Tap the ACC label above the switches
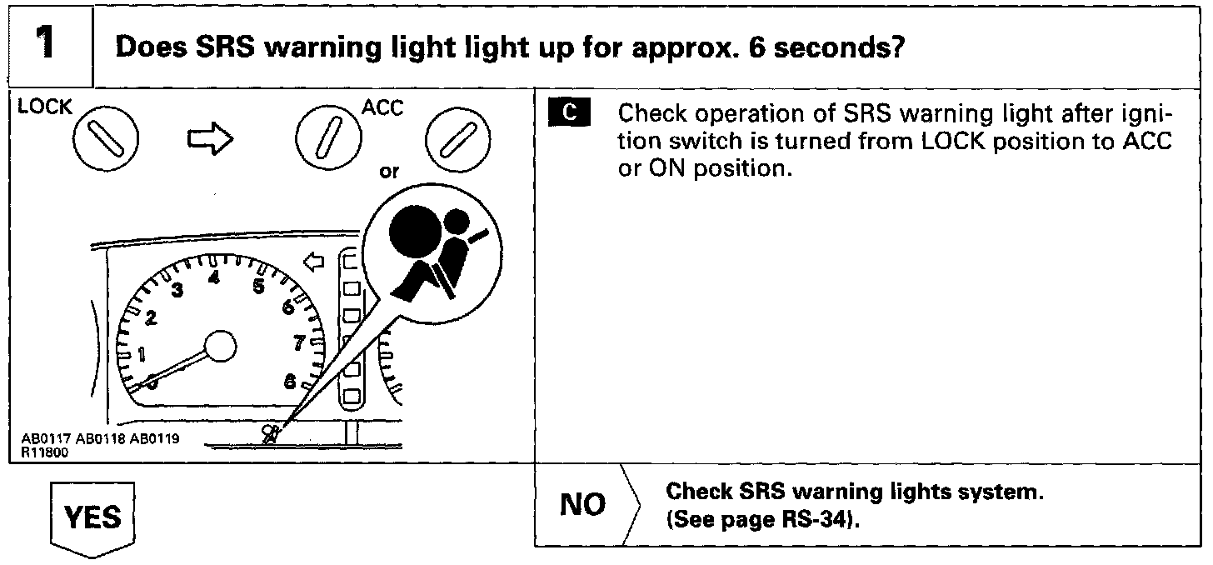pos(382,108)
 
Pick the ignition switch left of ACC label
pos(328,141)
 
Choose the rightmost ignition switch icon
pos(456,141)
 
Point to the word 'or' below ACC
pos(388,172)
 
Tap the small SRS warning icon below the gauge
pos(272,433)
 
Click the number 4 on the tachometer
pos(214,278)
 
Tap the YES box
pos(92,517)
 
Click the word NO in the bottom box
pos(582,505)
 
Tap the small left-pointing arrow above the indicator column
pos(313,263)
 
